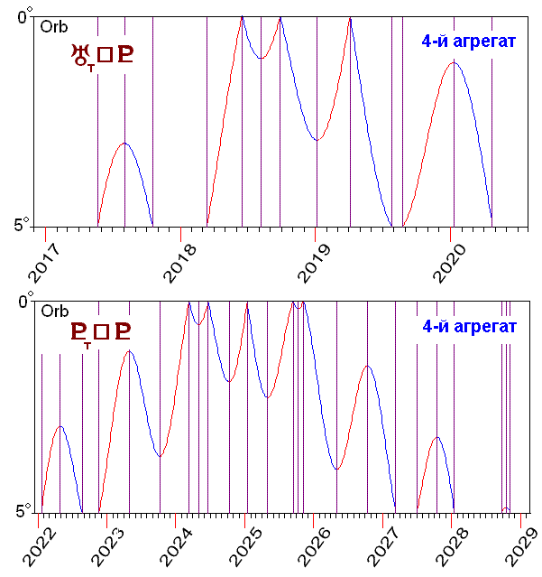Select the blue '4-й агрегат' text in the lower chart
(x=468, y=326)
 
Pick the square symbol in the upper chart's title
(x=105, y=56)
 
